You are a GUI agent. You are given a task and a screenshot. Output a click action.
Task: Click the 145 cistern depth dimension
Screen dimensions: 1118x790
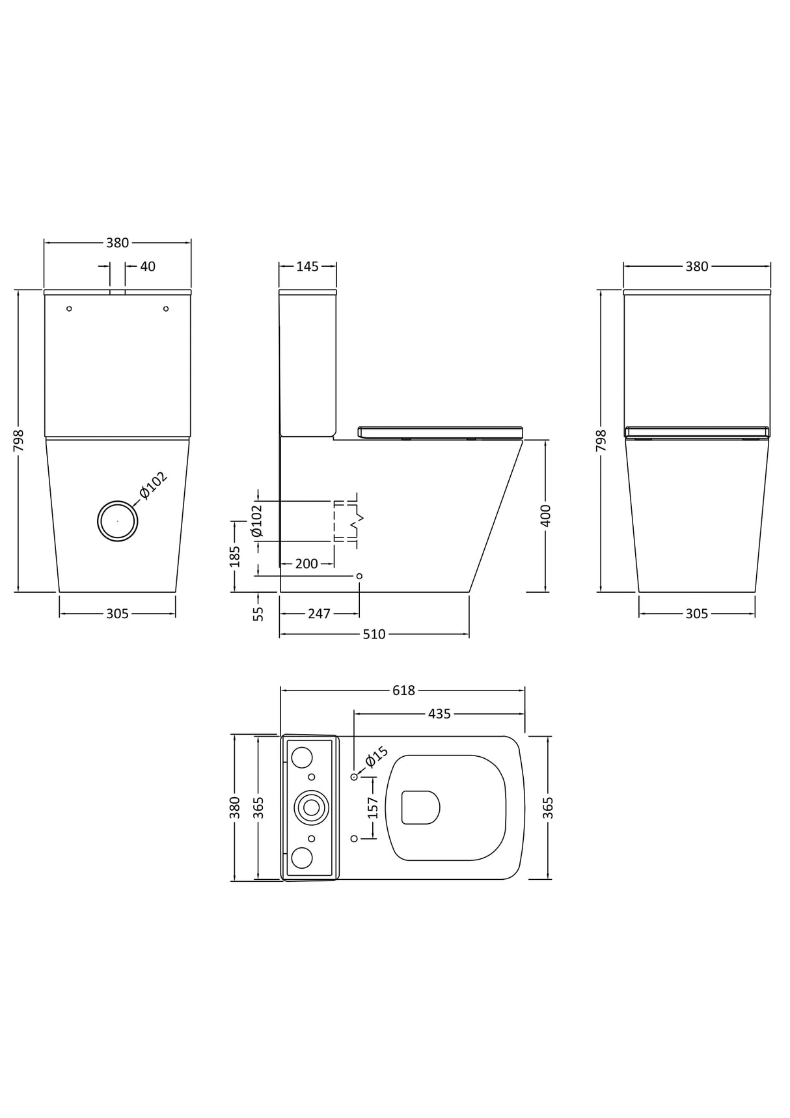click(x=307, y=266)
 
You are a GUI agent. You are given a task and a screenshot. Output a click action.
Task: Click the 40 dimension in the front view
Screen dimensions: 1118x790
click(x=148, y=266)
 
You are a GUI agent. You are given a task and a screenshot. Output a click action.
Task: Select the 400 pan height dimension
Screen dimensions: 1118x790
click(x=545, y=515)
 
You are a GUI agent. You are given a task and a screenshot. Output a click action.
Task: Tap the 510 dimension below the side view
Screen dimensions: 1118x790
click(x=374, y=634)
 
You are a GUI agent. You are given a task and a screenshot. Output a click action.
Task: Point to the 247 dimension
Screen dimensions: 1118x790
click(x=319, y=614)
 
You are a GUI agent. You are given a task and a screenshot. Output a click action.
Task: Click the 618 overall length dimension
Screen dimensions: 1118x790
click(x=403, y=690)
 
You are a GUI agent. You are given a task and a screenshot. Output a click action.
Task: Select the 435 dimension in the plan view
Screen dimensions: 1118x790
click(x=439, y=714)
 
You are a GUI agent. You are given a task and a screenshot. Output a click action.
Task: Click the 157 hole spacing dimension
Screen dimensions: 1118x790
click(x=373, y=808)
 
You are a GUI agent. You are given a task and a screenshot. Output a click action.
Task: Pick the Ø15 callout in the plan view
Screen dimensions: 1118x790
click(x=377, y=757)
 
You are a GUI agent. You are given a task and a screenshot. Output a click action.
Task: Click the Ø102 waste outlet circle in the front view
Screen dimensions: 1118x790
click(x=117, y=521)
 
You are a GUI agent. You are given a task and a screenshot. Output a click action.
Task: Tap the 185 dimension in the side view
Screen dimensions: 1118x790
click(x=236, y=556)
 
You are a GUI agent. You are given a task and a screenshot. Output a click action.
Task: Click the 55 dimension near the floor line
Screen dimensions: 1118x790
click(x=258, y=614)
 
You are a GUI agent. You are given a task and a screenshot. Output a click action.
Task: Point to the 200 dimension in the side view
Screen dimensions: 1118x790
click(x=306, y=564)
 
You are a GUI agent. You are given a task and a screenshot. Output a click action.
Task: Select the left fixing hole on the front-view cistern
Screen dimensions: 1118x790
click(x=70, y=308)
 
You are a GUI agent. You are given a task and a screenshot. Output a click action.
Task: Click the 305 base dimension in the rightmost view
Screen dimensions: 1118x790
click(x=696, y=614)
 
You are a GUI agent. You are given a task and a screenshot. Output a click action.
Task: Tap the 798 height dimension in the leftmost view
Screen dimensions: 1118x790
click(x=19, y=441)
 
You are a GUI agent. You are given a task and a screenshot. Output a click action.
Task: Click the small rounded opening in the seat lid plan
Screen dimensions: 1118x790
click(x=420, y=808)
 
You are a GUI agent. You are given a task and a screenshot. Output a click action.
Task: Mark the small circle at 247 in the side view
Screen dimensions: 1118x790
click(x=359, y=576)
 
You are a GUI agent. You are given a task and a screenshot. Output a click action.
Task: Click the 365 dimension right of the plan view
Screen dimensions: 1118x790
click(x=548, y=808)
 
